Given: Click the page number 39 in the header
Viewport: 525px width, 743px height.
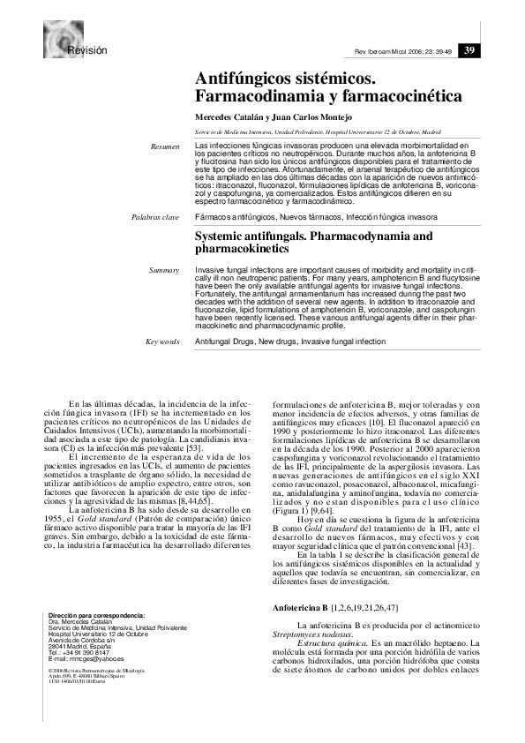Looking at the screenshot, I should pos(470,50).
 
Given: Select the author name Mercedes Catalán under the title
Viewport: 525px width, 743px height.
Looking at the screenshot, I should pos(230,117).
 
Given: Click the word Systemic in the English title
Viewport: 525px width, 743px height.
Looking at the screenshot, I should pos(222,237).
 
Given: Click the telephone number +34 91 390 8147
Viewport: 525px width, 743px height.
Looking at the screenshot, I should pos(86,652).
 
